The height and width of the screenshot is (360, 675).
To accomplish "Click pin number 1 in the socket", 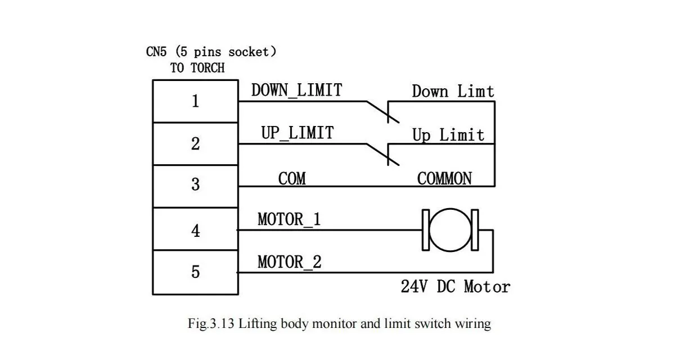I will click(x=195, y=102).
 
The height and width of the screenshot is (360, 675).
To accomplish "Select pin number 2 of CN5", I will click(x=195, y=144).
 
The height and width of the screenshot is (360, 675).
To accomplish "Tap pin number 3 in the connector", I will click(x=195, y=184).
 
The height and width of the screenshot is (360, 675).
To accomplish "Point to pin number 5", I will click(x=195, y=272).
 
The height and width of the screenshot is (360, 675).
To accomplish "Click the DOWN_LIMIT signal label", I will click(x=296, y=90).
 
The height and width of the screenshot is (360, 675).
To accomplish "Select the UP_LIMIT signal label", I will click(x=297, y=133).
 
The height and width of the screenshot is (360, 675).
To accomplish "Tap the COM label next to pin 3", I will click(x=292, y=179).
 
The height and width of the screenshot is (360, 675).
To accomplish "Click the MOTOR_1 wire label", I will click(x=289, y=219).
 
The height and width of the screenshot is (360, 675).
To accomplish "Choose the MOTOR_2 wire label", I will click(x=290, y=262).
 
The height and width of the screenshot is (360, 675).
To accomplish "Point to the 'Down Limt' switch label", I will click(x=453, y=92).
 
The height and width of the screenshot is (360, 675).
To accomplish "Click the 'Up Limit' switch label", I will click(x=448, y=135).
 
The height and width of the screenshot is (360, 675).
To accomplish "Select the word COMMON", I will click(x=444, y=179).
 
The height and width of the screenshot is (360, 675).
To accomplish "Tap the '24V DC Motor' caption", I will click(x=455, y=287).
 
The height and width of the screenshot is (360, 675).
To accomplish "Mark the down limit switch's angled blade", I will click(x=382, y=111).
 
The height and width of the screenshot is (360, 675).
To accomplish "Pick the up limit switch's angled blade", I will click(x=382, y=154).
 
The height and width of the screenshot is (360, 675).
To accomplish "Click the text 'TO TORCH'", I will click(x=197, y=68).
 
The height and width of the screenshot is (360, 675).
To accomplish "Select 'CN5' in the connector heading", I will click(x=157, y=52).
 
